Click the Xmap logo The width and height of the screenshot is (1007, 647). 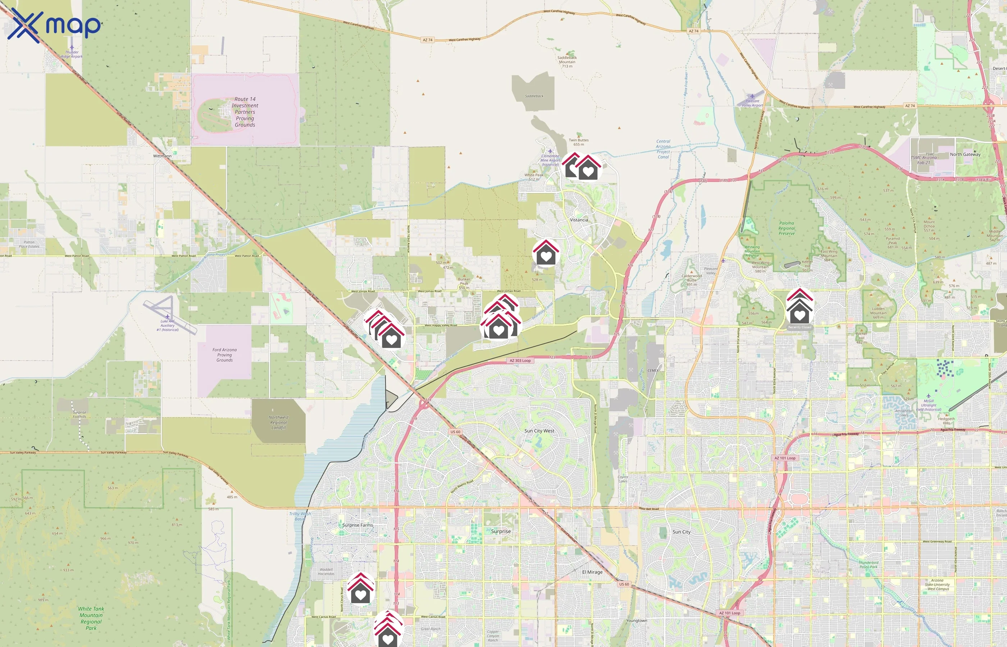coord(54,25)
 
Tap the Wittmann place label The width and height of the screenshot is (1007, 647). coord(162,156)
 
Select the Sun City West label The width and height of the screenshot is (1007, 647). coord(539,431)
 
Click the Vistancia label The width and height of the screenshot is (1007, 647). coord(579,220)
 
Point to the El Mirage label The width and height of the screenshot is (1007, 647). coord(592,572)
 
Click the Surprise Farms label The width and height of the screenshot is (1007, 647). coord(357,525)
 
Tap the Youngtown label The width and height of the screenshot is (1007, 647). coord(636,620)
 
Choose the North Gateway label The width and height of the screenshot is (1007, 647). coord(965,154)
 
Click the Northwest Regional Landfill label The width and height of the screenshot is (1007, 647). coord(278,422)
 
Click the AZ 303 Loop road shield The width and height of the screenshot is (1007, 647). coord(520,361)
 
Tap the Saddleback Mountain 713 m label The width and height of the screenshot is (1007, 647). coord(567,62)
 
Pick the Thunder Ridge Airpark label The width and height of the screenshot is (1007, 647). coord(72,54)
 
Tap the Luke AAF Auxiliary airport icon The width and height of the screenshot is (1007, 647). coord(167,316)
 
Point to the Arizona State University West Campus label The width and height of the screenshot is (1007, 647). coord(937,584)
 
